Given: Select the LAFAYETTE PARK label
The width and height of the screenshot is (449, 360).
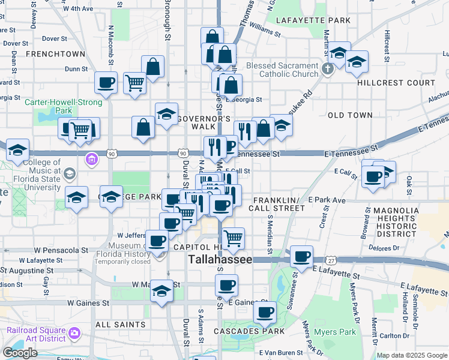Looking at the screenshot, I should [313, 20].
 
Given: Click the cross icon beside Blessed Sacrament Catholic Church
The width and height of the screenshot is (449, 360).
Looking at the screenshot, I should [328, 68].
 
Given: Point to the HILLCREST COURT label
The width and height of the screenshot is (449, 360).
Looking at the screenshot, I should [396, 83].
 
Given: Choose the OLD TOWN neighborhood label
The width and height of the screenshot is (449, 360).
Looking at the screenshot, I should [350, 115].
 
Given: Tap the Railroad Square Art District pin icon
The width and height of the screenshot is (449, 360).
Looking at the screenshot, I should [75, 332].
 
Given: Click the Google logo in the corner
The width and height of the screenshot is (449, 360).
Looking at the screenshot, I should [20, 353].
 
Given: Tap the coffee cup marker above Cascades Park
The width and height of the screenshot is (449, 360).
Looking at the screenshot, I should [265, 312].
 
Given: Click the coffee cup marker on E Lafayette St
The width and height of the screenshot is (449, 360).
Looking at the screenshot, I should [301, 256].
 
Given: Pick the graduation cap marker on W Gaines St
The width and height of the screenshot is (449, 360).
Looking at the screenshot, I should [161, 291].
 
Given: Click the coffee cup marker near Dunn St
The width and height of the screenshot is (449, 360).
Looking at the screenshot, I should [106, 83].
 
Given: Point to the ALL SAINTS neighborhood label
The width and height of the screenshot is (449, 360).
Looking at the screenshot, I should [121, 325].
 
